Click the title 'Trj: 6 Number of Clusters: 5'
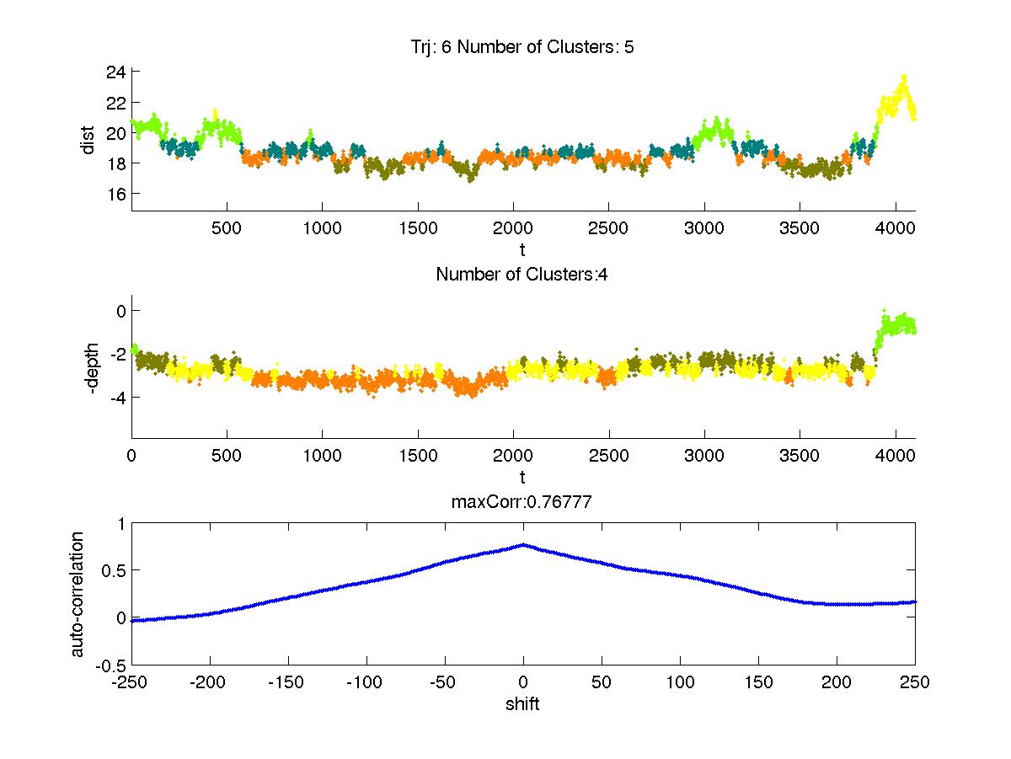point(522,48)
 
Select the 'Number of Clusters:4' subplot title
point(522,275)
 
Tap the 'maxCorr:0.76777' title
point(522,503)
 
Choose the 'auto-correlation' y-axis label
point(78,594)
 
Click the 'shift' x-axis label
point(522,704)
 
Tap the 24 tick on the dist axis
point(116,72)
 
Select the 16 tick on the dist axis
point(116,194)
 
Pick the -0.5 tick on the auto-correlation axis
point(110,665)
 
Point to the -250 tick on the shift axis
point(131,683)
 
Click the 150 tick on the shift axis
point(758,683)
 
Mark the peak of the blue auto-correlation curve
point(523,545)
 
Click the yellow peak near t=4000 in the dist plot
point(903,78)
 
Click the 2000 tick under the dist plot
point(513,228)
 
